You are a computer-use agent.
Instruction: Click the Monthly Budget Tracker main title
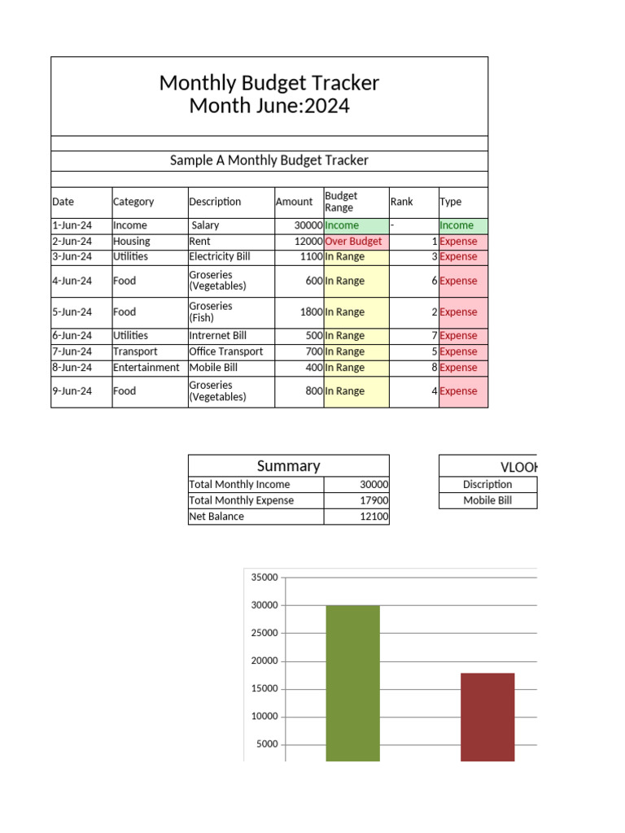coord(269,83)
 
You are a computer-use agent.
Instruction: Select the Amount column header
coord(294,202)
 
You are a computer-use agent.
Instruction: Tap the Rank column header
coord(402,202)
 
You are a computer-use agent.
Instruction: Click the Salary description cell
coord(205,225)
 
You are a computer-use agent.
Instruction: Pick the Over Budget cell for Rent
coord(353,242)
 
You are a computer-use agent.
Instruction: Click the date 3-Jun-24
coord(72,257)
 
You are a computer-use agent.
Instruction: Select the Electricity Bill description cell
coord(220,257)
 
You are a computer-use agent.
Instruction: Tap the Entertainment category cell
coord(146,368)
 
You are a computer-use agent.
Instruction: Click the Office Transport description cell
coord(226,351)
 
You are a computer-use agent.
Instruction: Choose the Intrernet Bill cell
coord(218,335)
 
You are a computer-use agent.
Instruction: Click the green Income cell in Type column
coord(457,225)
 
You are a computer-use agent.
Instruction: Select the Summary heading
coord(288,466)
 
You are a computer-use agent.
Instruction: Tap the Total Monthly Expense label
coord(242,500)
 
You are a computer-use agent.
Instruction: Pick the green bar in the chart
coord(352,683)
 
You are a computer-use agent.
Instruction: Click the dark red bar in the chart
coord(487,717)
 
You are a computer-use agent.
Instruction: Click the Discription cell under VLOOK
coord(487,484)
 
